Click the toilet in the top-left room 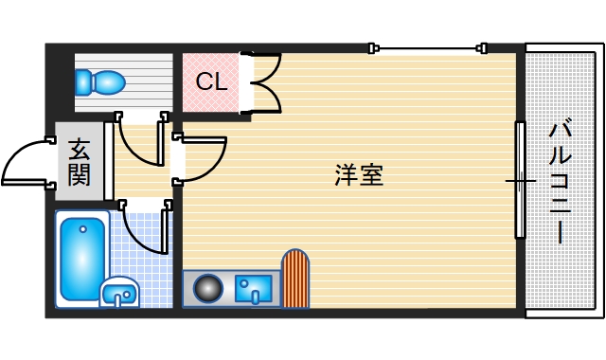[104, 82]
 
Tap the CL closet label [212, 81]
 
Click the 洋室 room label [359, 174]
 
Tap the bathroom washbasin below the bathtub [118, 293]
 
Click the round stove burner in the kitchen [207, 288]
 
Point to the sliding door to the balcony [519, 179]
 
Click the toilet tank [82, 82]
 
